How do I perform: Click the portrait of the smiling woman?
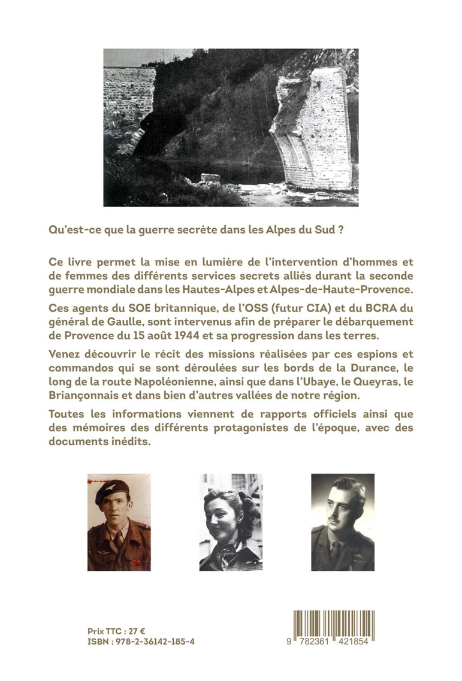[x=231, y=522]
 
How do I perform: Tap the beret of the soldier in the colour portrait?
[x=112, y=491]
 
